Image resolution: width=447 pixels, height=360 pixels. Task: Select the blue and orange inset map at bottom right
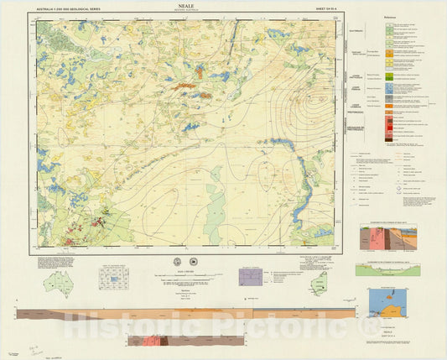click(387, 303)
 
